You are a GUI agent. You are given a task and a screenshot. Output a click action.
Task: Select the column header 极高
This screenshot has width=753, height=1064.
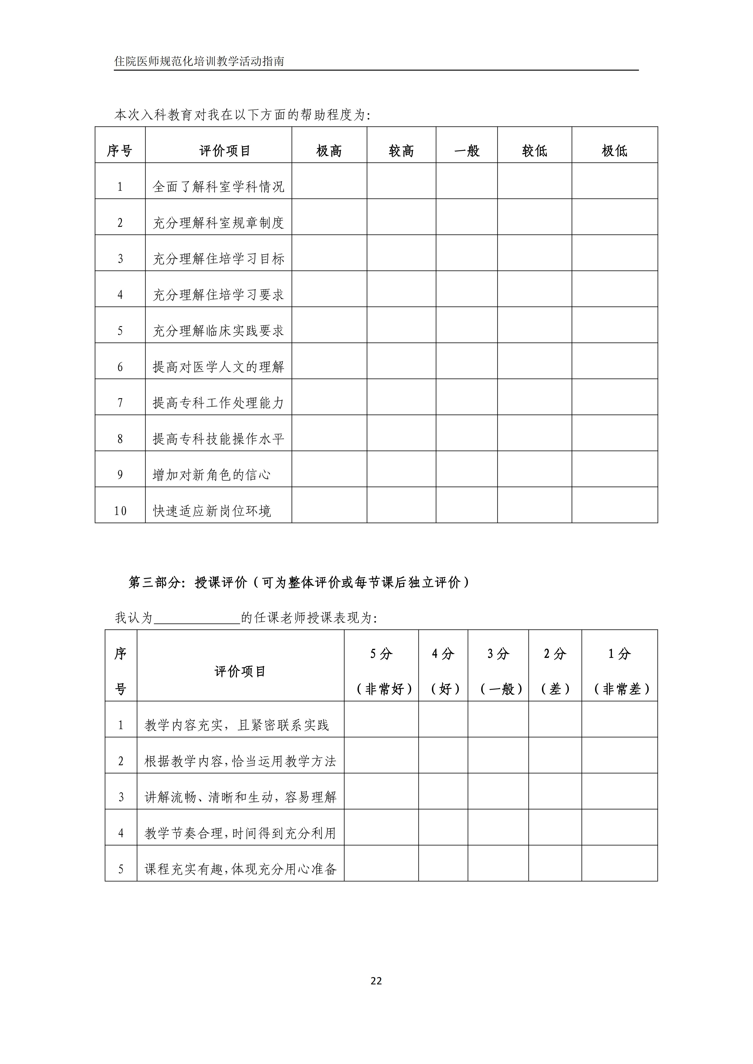(329, 151)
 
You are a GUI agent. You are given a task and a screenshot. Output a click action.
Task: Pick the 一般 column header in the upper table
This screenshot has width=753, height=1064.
(467, 151)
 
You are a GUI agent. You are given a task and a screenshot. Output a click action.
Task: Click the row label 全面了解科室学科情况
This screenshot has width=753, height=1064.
(218, 187)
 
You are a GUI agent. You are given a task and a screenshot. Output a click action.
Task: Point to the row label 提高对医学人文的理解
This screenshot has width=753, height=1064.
(218, 367)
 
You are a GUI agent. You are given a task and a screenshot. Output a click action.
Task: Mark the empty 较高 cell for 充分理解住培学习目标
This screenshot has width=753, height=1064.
(401, 253)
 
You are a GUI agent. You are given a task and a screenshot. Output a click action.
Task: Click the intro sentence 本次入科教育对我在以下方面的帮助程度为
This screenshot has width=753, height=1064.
(242, 115)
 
